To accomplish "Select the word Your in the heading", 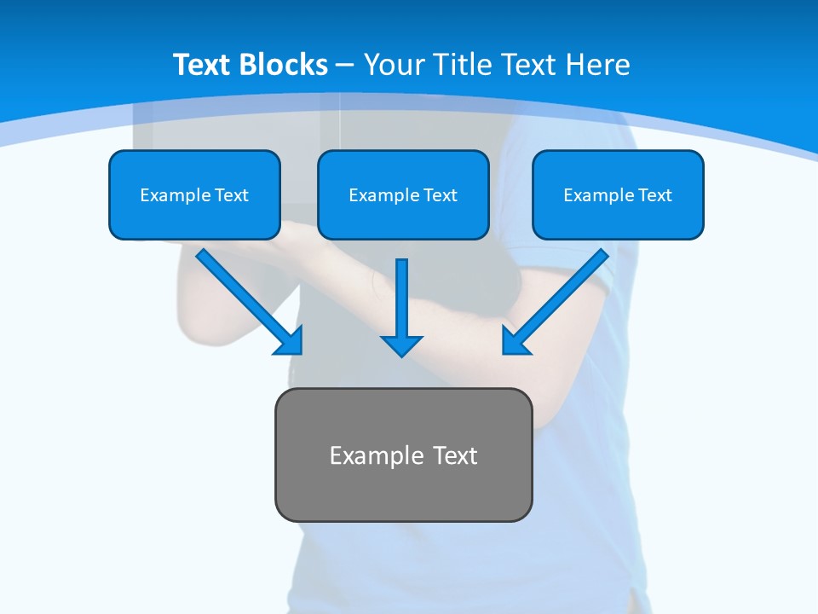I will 395,65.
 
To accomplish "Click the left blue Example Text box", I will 194,194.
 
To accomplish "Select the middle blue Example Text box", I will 403,194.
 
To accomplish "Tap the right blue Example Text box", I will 618,194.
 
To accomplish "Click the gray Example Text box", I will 403,455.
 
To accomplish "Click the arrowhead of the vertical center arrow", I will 401,345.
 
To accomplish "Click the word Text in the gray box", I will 455,455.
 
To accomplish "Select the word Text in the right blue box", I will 654,195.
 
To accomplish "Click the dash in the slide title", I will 345,65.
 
